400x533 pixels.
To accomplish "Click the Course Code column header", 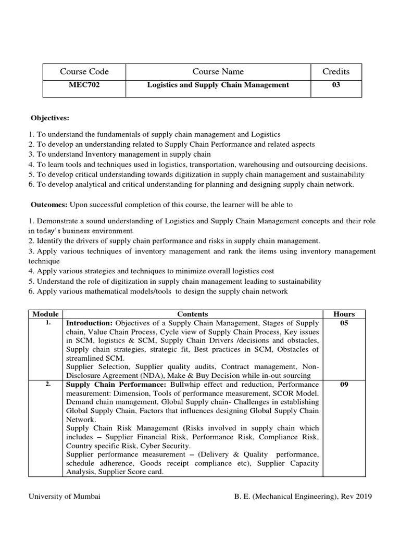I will (x=84, y=71).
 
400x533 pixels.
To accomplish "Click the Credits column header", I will (x=336, y=71).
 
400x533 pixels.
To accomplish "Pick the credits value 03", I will (x=336, y=85).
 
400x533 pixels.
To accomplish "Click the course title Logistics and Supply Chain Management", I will (x=218, y=85).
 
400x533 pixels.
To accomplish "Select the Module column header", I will (x=45, y=314).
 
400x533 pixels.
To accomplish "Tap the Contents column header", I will (x=192, y=314).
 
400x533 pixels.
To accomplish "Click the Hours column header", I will (x=344, y=314).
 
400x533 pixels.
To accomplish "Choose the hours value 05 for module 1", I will (x=344, y=323).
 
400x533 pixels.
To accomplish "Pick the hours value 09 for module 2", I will (x=344, y=385).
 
